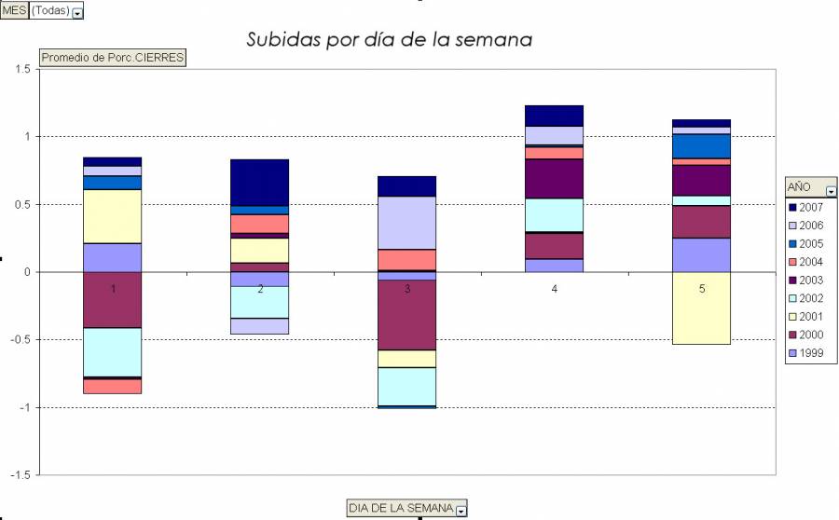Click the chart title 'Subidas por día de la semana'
389,40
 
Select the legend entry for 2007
808,207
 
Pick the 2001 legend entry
808,317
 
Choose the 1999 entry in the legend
808,353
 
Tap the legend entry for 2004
808,262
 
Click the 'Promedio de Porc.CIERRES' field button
113,58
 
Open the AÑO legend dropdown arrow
831,189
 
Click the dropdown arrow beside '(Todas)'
77,12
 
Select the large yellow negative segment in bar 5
702,308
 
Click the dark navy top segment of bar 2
260,182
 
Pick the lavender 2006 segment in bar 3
407,223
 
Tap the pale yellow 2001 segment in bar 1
113,216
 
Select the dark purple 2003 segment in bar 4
555,179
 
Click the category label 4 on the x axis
555,290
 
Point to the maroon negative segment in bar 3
407,315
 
